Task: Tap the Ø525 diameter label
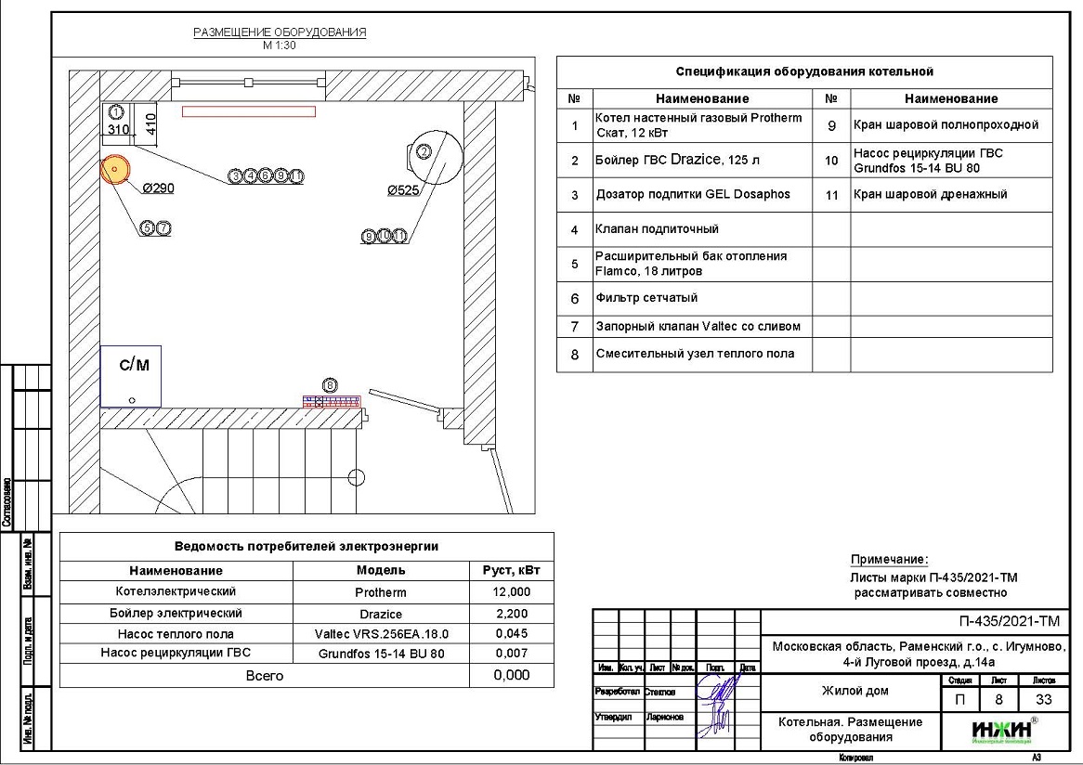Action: (403, 190)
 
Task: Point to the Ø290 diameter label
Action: (158, 188)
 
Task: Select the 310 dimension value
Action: (118, 131)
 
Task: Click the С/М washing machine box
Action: (131, 376)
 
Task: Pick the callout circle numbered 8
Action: (329, 384)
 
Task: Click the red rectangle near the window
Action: (248, 111)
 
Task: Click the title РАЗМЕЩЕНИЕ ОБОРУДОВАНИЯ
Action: (280, 32)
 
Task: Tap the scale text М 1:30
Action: (279, 45)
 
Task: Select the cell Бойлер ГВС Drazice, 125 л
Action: (677, 160)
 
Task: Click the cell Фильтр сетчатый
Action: (646, 298)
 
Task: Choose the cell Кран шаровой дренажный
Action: (930, 194)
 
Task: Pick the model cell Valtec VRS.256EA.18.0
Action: (382, 634)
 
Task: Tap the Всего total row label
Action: (265, 676)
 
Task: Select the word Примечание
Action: (889, 560)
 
